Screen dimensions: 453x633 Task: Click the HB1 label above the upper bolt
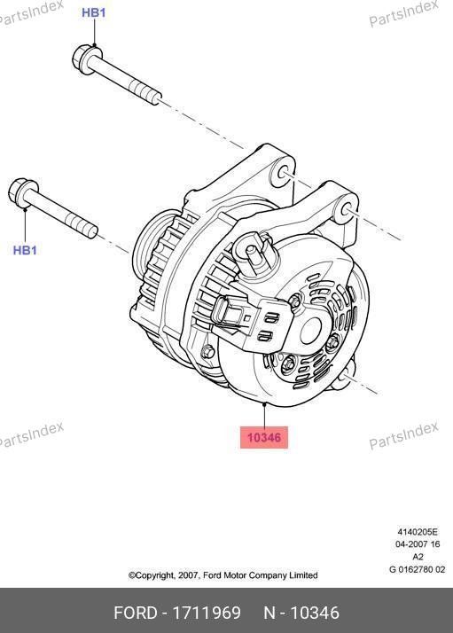(94, 12)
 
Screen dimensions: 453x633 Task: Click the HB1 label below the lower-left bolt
(25, 250)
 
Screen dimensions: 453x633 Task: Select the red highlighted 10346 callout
(264, 437)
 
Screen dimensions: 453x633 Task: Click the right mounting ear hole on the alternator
(347, 209)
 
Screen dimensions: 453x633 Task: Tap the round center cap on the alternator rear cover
(310, 330)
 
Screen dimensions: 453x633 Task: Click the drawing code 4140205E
(418, 532)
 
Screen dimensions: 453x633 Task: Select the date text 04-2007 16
(418, 544)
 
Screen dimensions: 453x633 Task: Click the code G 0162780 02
(417, 570)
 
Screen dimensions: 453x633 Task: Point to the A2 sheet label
(418, 557)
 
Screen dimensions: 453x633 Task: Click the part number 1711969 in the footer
(207, 613)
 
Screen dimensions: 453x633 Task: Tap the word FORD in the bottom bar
(136, 613)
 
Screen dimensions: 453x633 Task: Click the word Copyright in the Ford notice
(155, 575)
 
